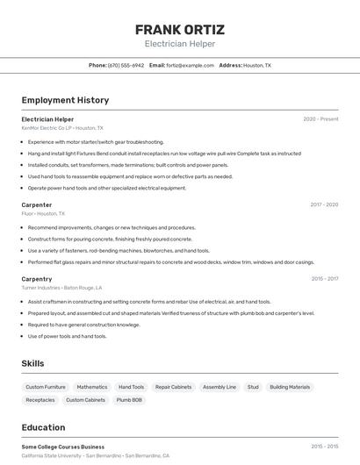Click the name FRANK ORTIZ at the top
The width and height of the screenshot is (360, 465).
tap(179, 29)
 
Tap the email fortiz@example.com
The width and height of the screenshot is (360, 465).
tap(190, 65)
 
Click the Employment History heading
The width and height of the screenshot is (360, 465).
tap(65, 100)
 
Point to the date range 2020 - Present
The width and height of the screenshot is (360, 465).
tap(320, 118)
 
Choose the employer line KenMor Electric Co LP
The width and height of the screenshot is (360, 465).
tap(62, 127)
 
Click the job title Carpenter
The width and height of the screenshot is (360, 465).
tap(37, 204)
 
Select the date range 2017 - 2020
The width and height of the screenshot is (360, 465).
tap(324, 204)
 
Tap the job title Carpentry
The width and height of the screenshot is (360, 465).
tap(37, 279)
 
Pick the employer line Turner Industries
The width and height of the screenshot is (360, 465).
tap(61, 288)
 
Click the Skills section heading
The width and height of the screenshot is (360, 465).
tap(33, 363)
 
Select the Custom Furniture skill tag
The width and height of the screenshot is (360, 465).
tap(46, 387)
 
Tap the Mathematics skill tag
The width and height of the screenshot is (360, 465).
tap(92, 387)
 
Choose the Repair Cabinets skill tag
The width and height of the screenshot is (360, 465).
tap(173, 387)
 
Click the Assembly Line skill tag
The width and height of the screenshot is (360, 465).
tap(220, 387)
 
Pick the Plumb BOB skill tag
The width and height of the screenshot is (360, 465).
tap(130, 400)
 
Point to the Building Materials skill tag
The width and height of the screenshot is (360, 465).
tap(290, 387)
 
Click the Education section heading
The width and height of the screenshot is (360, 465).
tap(43, 427)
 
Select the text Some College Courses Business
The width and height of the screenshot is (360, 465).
tap(62, 447)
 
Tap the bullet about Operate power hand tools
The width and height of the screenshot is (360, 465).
tap(106, 188)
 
